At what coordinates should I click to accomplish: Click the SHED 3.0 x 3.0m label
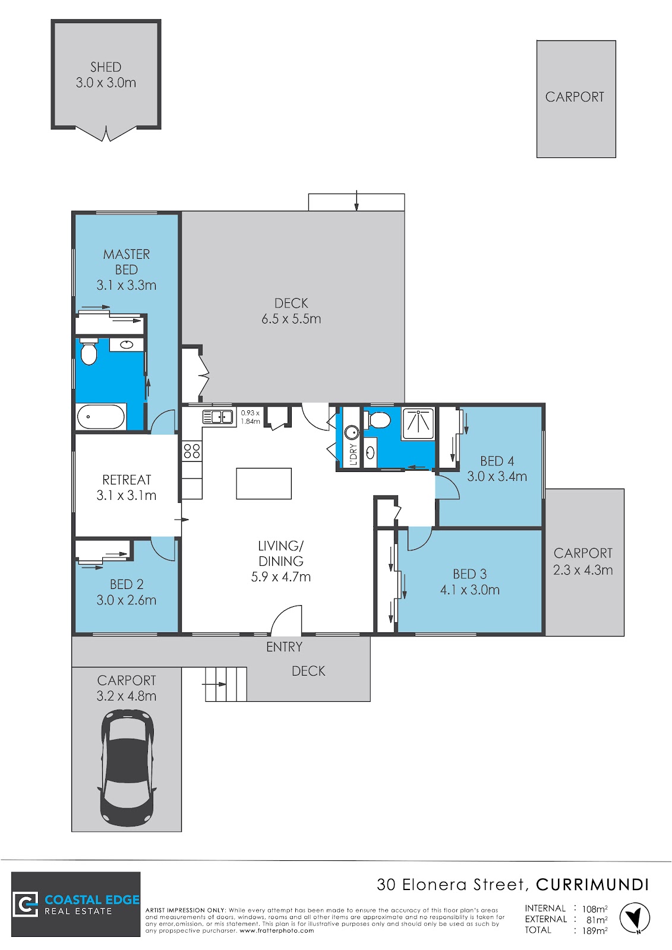coord(106,75)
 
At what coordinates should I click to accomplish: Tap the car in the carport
coord(127,768)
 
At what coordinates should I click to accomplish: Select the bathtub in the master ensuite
coord(101,416)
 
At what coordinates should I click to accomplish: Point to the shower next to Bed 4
coord(418,423)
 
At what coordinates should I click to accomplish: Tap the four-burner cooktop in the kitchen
coord(191,451)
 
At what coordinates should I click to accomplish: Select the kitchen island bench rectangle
coord(264,483)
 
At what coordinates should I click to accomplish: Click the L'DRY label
coord(353,455)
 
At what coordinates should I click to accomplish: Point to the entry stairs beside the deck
coord(226,684)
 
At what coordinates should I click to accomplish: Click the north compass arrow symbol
coord(635,918)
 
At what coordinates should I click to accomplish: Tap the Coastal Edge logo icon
coord(26,904)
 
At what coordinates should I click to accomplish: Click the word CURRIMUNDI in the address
coord(592,885)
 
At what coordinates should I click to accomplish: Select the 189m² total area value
coord(594,931)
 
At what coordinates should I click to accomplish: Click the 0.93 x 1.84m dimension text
coord(250,417)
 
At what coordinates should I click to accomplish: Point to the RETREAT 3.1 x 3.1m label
coord(127,487)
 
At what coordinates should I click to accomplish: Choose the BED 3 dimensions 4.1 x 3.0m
coord(469,590)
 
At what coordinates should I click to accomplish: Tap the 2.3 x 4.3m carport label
coord(582,570)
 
